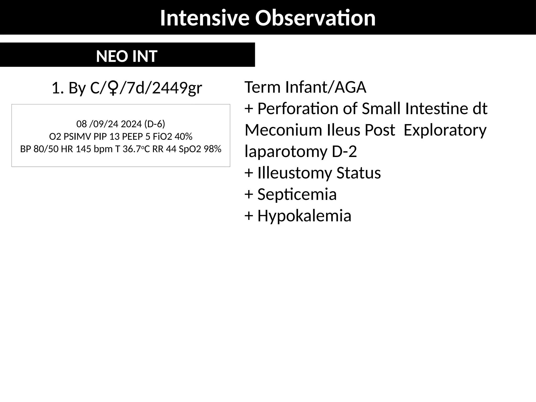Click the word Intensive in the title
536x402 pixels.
204,18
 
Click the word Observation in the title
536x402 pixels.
315,18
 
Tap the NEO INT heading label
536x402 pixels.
127,56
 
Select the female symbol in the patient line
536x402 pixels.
113,88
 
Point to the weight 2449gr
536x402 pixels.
177,88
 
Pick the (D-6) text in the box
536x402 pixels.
154,124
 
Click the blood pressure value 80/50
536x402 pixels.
46,149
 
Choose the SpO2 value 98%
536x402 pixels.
213,149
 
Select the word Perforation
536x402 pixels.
298,109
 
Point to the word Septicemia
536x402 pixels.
297,194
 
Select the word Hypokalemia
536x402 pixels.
304,216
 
